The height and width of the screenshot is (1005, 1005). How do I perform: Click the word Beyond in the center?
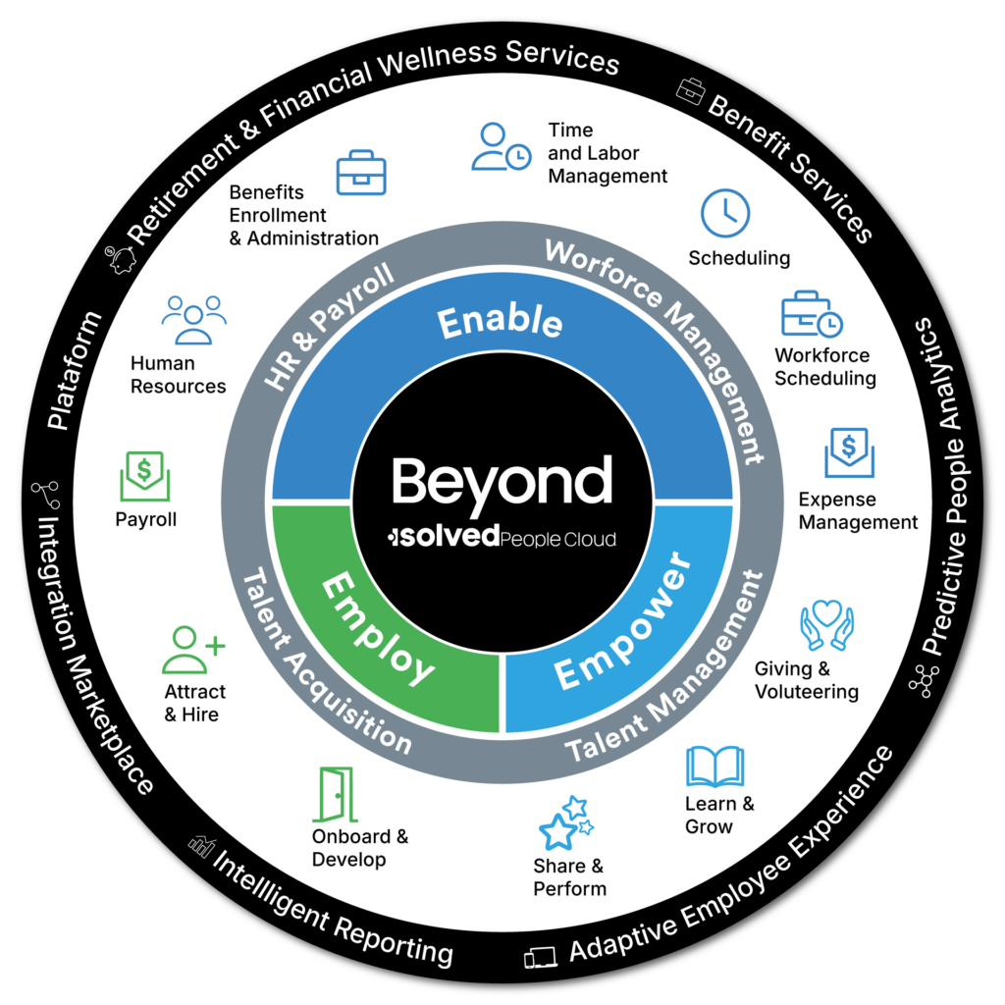point(502,481)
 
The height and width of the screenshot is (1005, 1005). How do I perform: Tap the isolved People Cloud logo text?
point(502,537)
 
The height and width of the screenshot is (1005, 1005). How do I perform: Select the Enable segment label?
point(500,322)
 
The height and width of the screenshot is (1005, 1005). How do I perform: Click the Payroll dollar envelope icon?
point(144,476)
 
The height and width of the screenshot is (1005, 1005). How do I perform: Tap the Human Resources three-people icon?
point(193,319)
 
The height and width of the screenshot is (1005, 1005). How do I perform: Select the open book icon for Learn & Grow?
point(714,766)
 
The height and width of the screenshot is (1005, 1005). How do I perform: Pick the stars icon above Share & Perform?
point(565,822)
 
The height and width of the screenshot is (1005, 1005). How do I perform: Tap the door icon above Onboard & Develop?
point(335,794)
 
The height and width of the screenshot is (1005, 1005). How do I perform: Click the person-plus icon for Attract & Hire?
point(193,649)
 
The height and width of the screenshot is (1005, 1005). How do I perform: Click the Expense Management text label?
point(858,510)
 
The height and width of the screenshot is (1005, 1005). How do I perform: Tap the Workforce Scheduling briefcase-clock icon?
point(811,315)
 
